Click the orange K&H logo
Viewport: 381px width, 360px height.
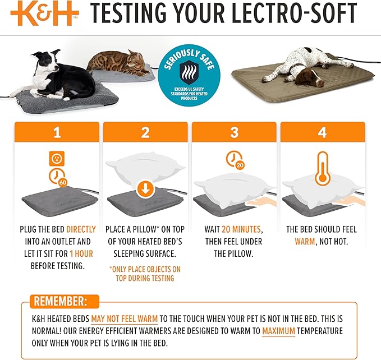pyautogui.click(x=42, y=14)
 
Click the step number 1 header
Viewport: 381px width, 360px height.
pyautogui.click(x=56, y=133)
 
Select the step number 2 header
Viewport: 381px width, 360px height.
pyautogui.click(x=145, y=133)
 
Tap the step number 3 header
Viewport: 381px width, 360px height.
pyautogui.click(x=234, y=133)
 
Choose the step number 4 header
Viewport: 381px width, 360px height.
pyautogui.click(x=323, y=133)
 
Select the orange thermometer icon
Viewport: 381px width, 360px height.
pyautogui.click(x=322, y=168)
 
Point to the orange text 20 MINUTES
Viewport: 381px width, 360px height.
pyautogui.click(x=242, y=230)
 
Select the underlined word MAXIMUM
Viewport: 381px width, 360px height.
pyautogui.click(x=278, y=331)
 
